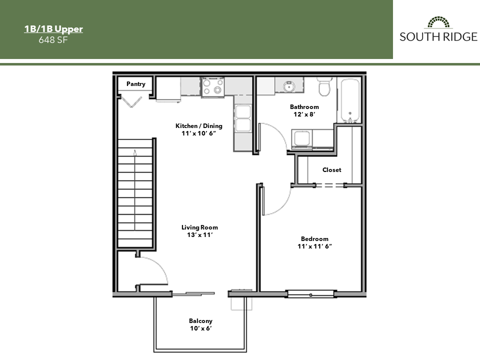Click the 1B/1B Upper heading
tap(53, 29)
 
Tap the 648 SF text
tap(53, 40)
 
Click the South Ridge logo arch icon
tap(438, 22)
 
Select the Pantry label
tap(135, 84)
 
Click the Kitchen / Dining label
tap(198, 126)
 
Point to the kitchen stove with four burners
tap(213, 86)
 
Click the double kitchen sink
tap(242, 117)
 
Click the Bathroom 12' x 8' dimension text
tap(304, 114)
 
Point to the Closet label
tap(331, 170)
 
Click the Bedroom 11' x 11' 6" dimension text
tap(314, 246)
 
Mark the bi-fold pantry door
tap(133, 102)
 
